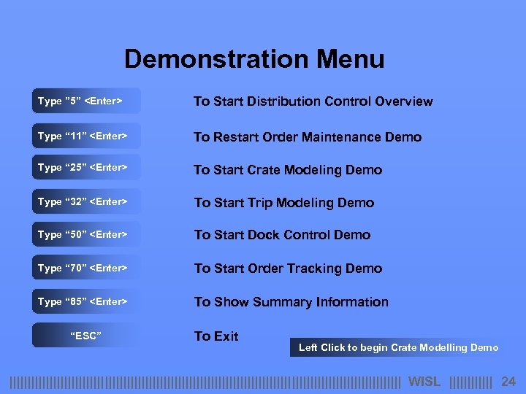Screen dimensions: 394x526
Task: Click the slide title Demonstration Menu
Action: (254, 59)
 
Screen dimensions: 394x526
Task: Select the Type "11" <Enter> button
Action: (85, 136)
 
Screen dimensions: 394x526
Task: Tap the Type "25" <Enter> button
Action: (85, 168)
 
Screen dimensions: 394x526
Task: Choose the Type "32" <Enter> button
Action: (85, 201)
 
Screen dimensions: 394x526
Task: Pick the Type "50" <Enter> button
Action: (85, 234)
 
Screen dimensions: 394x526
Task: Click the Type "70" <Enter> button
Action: (85, 268)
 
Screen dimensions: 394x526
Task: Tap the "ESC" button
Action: (85, 335)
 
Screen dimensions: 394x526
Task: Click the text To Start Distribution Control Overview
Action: (313, 101)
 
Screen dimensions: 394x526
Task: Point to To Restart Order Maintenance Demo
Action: (307, 136)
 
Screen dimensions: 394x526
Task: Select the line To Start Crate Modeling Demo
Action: (287, 170)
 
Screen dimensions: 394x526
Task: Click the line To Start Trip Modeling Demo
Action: (283, 203)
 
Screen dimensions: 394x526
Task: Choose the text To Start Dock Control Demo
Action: (282, 235)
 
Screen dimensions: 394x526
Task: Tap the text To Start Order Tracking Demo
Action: (288, 269)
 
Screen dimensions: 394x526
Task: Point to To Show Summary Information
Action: (291, 302)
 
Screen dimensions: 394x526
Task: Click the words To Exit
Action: (216, 336)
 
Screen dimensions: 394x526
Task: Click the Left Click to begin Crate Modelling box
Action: (398, 347)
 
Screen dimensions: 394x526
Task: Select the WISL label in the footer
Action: (424, 382)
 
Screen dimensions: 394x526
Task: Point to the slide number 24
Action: (508, 382)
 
